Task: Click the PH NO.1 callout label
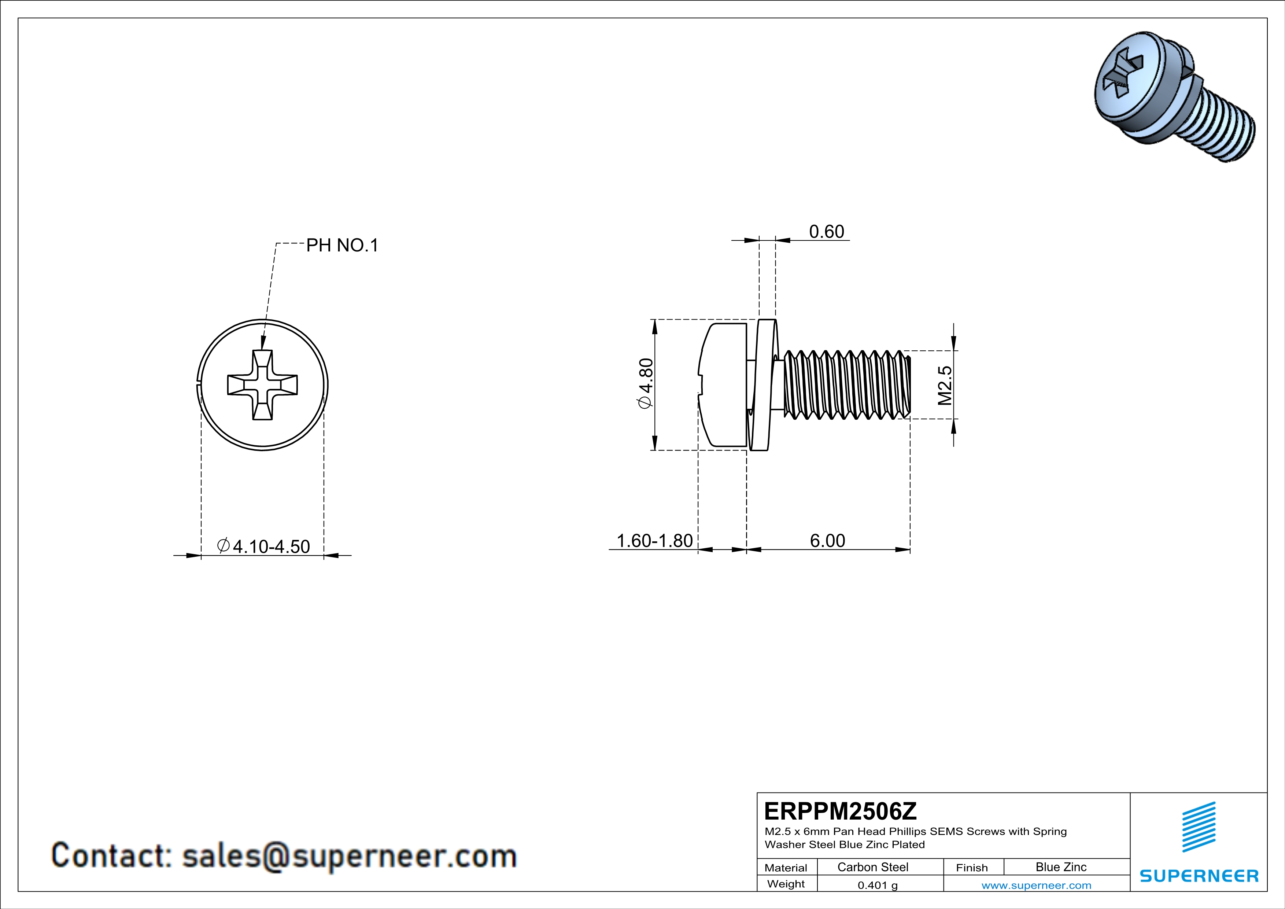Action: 342,245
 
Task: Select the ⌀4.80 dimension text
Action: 645,384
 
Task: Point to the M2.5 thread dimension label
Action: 945,385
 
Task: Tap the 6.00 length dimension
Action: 827,541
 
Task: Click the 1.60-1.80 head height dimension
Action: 654,541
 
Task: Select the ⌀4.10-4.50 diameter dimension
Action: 263,546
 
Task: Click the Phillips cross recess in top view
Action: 262,385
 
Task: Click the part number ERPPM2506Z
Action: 840,811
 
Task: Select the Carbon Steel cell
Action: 872,867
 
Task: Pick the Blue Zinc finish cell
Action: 1060,867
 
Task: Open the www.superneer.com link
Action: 1036,885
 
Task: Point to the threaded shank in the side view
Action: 845,385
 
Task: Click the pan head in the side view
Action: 723,385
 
